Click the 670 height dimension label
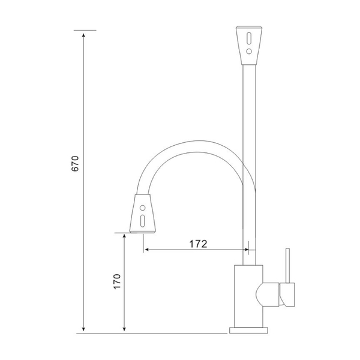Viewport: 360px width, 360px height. (75, 164)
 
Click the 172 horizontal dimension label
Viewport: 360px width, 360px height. (198, 244)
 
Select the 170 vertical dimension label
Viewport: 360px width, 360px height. (117, 281)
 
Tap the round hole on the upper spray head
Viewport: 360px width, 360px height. (249, 51)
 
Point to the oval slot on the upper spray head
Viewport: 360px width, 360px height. (249, 38)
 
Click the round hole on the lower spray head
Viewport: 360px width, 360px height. (143, 208)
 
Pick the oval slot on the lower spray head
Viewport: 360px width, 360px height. (143, 221)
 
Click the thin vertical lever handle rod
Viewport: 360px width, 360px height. (287, 266)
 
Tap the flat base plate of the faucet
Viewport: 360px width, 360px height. (248, 330)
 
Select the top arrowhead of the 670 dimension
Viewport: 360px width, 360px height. (83, 35)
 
